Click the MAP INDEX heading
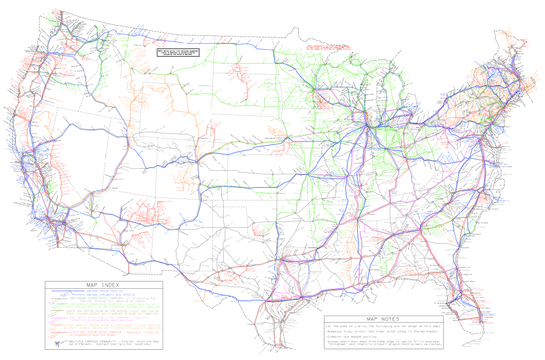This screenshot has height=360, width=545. click(x=104, y=285)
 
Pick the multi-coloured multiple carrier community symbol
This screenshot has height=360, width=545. click(x=57, y=344)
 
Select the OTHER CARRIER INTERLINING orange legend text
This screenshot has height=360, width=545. click(x=105, y=325)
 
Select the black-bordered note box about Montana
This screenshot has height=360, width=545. click(x=178, y=52)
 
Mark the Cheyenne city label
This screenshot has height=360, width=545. click(x=203, y=137)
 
